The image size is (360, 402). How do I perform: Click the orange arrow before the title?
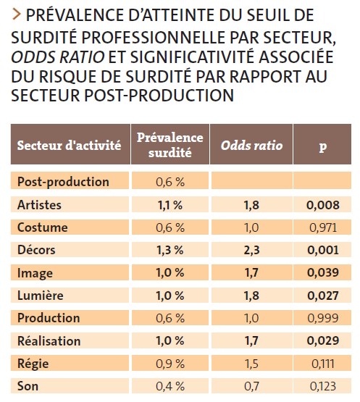[x=16, y=14]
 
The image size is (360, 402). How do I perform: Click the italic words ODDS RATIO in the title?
[x=58, y=57]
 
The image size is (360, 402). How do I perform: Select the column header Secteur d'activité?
[x=69, y=146]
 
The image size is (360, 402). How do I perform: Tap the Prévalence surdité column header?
[x=170, y=145]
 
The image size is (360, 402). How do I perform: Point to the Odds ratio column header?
[x=251, y=146]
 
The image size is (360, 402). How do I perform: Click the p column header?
[x=322, y=146]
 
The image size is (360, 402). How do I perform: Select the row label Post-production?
[x=63, y=182]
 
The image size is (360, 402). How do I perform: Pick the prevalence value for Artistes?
[x=170, y=205]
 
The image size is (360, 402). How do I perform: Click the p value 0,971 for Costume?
[x=323, y=227]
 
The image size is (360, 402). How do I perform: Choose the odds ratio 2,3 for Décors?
[x=251, y=250]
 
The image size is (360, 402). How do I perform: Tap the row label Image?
[x=35, y=273]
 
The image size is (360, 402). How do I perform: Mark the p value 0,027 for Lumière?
[x=323, y=296]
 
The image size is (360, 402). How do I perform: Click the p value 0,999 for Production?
[x=323, y=318]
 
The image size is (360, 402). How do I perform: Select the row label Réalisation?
[x=49, y=341]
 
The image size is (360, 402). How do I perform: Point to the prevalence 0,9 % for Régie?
[x=170, y=364]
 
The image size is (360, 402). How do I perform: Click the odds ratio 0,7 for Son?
[x=251, y=386]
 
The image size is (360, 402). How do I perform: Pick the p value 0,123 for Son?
[x=323, y=386]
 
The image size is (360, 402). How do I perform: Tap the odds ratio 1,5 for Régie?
[x=251, y=364]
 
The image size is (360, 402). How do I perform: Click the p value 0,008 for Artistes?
[x=323, y=205]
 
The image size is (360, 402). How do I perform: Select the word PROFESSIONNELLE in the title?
[x=154, y=38]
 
